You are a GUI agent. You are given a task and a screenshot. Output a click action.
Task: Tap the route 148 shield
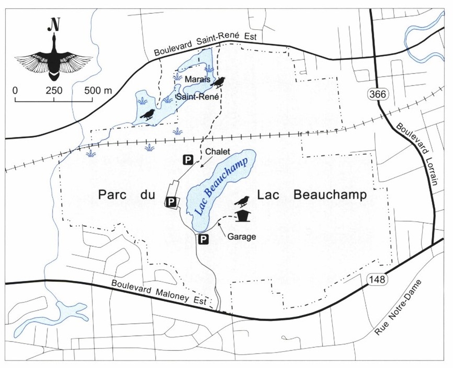click(x=374, y=279)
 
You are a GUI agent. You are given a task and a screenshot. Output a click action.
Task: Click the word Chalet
click(x=218, y=152)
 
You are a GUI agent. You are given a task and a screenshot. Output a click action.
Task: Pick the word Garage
click(x=242, y=237)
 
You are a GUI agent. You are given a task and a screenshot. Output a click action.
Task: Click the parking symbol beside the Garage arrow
click(x=203, y=240)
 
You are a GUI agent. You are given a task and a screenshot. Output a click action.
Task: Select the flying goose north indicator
click(x=54, y=60)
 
